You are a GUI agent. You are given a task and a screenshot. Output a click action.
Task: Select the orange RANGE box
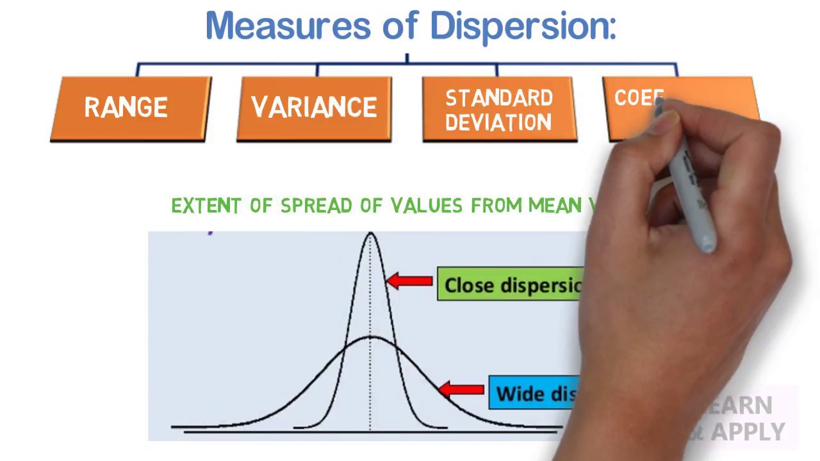(130, 108)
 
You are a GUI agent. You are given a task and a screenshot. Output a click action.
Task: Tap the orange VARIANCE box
(314, 108)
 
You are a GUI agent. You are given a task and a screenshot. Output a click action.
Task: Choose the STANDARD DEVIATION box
(499, 109)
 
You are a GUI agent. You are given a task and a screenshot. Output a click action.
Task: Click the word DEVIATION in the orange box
(498, 122)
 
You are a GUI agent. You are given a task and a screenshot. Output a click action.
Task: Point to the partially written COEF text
(638, 98)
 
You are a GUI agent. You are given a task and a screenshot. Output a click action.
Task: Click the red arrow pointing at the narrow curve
(410, 280)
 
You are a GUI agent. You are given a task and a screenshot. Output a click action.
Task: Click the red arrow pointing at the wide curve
(461, 389)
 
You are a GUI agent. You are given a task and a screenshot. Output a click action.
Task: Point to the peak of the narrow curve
(370, 234)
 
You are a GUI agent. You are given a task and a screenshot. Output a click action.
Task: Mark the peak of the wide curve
(370, 336)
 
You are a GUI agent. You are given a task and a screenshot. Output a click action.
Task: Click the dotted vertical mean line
(370, 384)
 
